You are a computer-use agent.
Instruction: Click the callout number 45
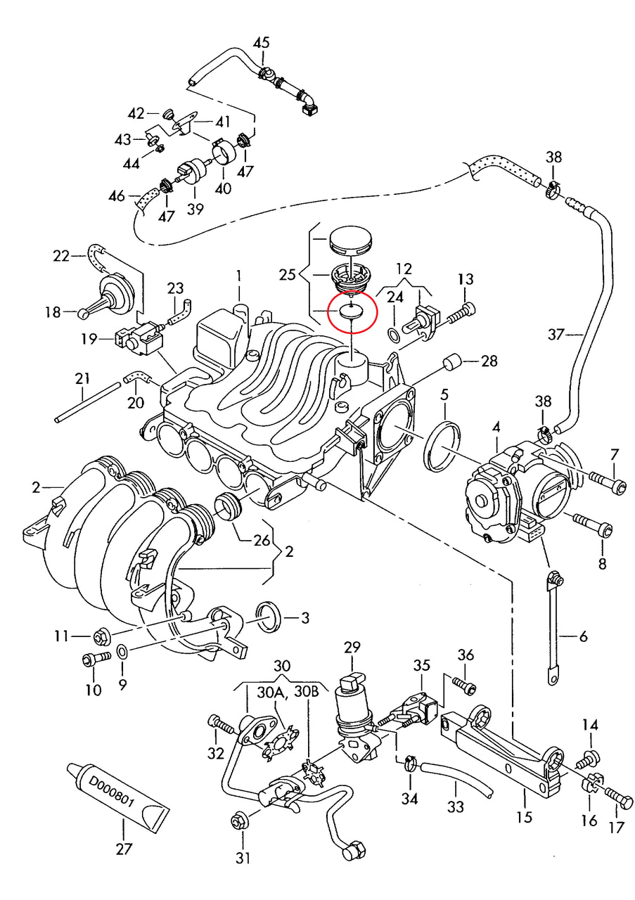261,43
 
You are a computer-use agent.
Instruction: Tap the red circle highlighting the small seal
352,309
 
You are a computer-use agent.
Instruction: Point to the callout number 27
124,849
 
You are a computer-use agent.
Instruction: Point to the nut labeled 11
101,637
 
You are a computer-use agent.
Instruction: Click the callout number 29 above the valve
352,646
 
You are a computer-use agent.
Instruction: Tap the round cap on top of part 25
349,243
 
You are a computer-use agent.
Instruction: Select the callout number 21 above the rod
83,380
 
